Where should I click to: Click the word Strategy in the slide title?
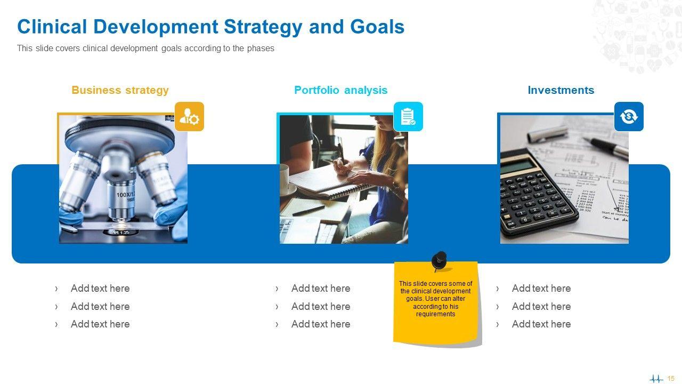[x=263, y=27]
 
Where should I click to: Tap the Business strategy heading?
[x=120, y=90]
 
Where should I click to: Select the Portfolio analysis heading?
[x=340, y=90]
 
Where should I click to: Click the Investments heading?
[x=561, y=90]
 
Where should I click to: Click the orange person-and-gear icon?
[x=189, y=116]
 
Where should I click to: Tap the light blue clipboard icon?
[x=408, y=116]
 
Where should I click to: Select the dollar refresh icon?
[x=629, y=116]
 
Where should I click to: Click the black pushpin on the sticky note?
[x=440, y=261]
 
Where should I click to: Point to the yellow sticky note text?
[x=436, y=299]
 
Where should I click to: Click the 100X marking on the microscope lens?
[x=125, y=195]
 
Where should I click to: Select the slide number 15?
[x=671, y=379]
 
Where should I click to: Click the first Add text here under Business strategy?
[x=100, y=289]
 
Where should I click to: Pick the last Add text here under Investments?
[x=541, y=324]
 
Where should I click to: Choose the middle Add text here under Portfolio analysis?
[x=321, y=306]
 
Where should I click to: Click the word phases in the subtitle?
[x=261, y=49]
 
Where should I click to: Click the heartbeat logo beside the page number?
[x=656, y=379]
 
